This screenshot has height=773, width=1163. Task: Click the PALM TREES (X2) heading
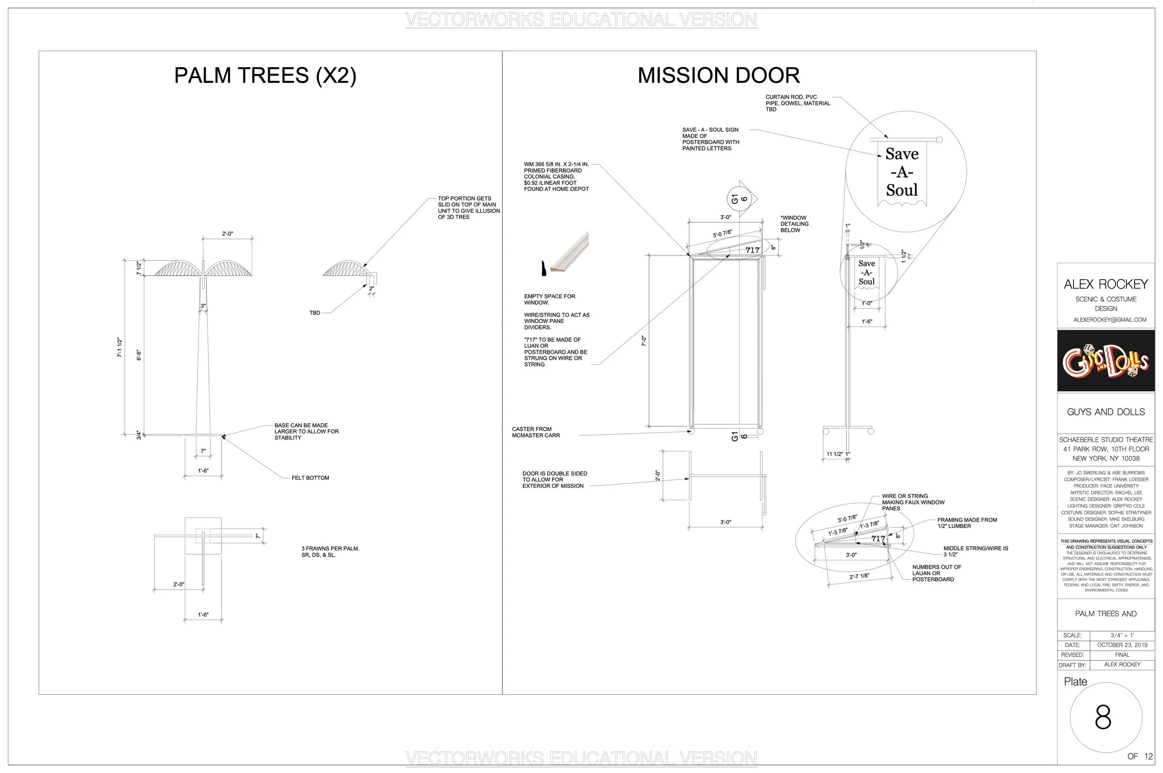click(x=265, y=75)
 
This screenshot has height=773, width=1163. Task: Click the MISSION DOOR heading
click(x=718, y=75)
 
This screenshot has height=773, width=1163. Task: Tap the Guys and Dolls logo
click(x=1105, y=361)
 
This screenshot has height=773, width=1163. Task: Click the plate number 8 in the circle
click(x=1103, y=717)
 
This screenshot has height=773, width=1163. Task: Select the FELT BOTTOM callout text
click(x=310, y=477)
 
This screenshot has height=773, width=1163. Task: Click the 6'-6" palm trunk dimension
click(x=139, y=355)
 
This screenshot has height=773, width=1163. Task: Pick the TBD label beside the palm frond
click(x=314, y=313)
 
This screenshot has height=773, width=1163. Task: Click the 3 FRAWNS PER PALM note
click(x=330, y=551)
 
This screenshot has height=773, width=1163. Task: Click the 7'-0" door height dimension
click(x=643, y=341)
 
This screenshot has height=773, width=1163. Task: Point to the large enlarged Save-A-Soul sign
click(x=902, y=173)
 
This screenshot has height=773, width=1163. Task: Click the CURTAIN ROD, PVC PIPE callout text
click(x=797, y=103)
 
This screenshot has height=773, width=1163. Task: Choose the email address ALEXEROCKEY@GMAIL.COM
click(x=1106, y=319)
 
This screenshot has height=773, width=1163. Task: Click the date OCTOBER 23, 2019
click(x=1122, y=645)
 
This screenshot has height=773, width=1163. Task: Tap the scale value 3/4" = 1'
click(x=1122, y=635)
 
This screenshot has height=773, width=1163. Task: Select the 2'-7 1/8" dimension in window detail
click(x=859, y=576)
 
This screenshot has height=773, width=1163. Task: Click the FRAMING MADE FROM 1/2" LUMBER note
click(x=967, y=523)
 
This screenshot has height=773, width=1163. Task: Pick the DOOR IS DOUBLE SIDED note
click(x=555, y=480)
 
